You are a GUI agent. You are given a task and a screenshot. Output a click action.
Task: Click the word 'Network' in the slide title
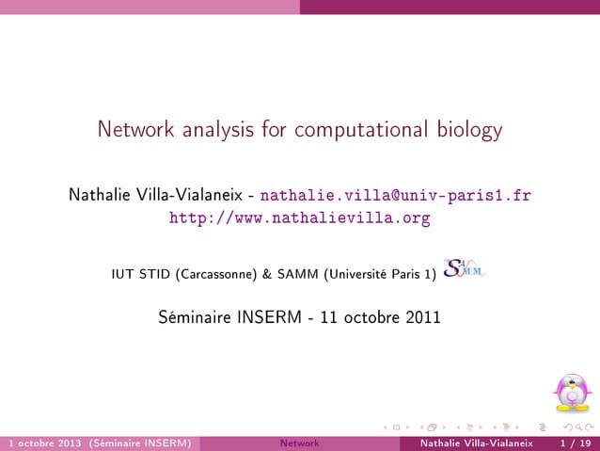point(131,130)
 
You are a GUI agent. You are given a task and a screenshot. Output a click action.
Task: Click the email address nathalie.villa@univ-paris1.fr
point(395,196)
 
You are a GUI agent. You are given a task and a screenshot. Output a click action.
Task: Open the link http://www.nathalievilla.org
point(299,218)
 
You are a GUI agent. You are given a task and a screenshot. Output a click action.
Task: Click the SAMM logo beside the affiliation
point(462,270)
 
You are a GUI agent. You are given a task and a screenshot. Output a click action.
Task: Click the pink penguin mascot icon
point(571,395)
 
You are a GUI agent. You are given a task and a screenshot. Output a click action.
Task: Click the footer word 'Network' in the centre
point(299,443)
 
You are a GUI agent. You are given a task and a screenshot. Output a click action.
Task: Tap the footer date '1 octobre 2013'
point(43,443)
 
